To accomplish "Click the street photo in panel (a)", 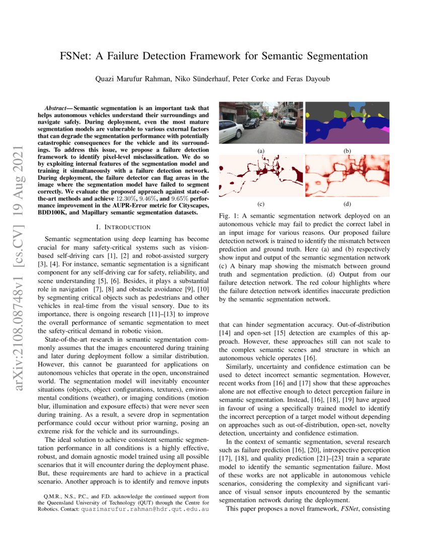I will tap(260, 123).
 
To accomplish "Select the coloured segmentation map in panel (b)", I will tap(347, 123).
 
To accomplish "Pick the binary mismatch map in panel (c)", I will tap(260, 175).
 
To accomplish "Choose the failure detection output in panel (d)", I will tap(347, 175).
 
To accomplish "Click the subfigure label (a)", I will tap(260, 150).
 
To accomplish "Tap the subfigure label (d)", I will tap(347, 204).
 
